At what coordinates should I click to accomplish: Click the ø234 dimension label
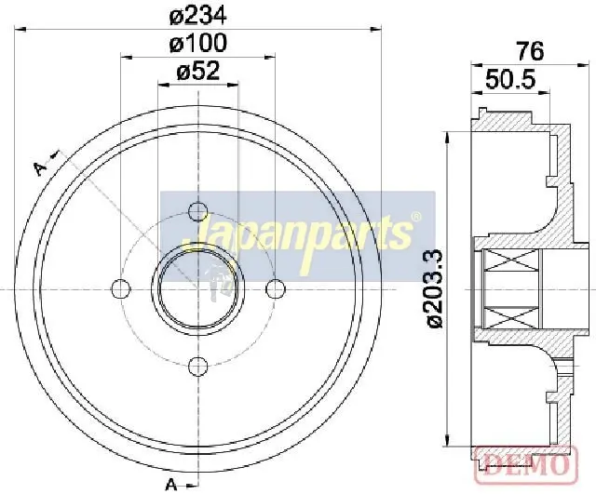[x=198, y=16]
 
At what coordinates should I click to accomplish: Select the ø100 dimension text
[x=198, y=43]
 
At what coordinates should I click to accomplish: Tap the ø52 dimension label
[x=198, y=71]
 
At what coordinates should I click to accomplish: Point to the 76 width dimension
[x=531, y=51]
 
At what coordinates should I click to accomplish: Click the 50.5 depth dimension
[x=510, y=80]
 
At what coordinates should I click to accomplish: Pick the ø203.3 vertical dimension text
[x=435, y=288]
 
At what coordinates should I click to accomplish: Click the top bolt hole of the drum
[x=198, y=211]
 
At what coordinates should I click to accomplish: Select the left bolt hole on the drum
[x=121, y=289]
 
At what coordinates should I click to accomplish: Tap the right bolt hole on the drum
[x=276, y=289]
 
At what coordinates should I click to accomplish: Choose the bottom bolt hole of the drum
[x=198, y=366]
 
